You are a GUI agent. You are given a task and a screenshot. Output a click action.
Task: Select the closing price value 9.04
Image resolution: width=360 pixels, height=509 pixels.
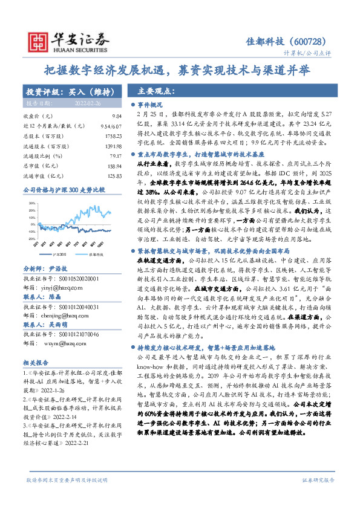point(117,116)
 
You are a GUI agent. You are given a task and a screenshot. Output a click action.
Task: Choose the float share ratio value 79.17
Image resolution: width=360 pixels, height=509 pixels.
point(116,156)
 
